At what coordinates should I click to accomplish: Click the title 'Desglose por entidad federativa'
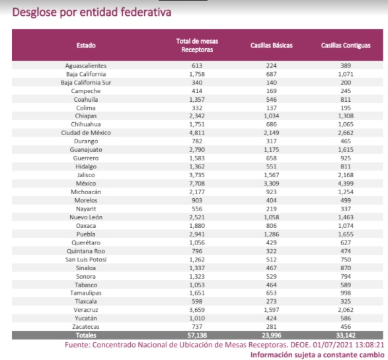pyautogui.click(x=92, y=13)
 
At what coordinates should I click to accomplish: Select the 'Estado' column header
pyautogui.click(x=86, y=45)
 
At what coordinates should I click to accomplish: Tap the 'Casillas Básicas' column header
pyautogui.click(x=272, y=45)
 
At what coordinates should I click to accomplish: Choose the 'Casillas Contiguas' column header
pyautogui.click(x=346, y=46)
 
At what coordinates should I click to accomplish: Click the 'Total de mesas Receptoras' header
pyautogui.click(x=197, y=45)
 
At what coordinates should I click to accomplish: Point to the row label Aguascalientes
pyautogui.click(x=86, y=66)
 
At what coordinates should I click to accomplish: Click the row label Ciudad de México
pyautogui.click(x=86, y=133)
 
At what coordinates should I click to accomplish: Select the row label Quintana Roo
pyautogui.click(x=86, y=251)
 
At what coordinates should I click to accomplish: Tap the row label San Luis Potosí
pyautogui.click(x=86, y=260)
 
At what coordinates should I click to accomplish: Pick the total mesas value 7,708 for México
pyautogui.click(x=197, y=184)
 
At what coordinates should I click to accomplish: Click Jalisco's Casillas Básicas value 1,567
pyautogui.click(x=272, y=175)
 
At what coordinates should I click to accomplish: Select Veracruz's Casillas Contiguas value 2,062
pyautogui.click(x=346, y=310)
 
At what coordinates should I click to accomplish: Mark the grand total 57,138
pyautogui.click(x=197, y=336)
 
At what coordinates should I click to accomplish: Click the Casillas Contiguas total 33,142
pyautogui.click(x=346, y=336)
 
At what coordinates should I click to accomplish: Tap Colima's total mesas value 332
pyautogui.click(x=197, y=108)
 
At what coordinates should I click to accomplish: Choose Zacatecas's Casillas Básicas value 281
pyautogui.click(x=272, y=327)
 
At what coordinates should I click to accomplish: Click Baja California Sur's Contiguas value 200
pyautogui.click(x=346, y=83)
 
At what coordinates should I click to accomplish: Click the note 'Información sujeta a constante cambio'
pyautogui.click(x=317, y=355)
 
